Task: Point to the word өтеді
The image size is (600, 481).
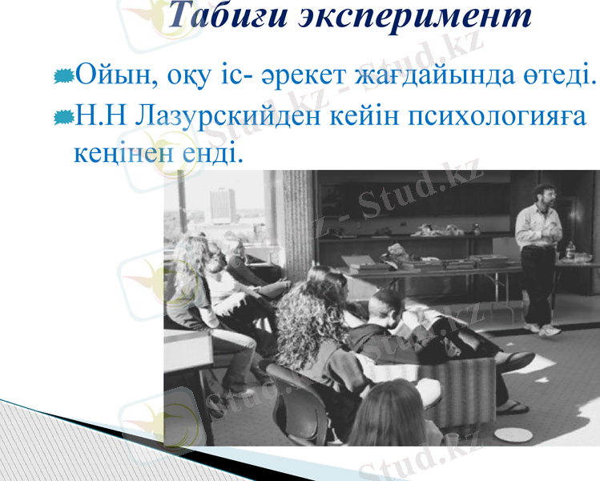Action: [560, 77]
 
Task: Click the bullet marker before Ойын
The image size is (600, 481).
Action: [64, 77]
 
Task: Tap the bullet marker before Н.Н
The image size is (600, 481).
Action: [64, 117]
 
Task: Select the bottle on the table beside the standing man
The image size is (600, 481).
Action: [570, 250]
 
